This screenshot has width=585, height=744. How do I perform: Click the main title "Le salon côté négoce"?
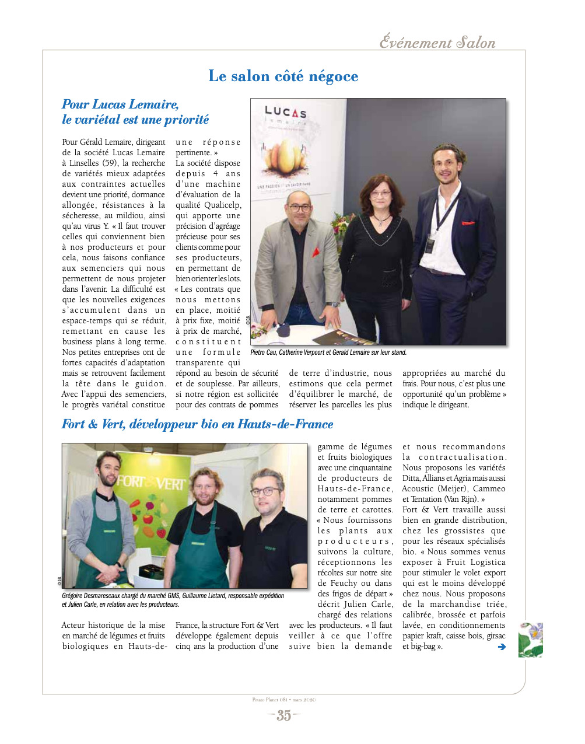(283, 76)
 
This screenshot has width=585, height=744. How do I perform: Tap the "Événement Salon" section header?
(437, 43)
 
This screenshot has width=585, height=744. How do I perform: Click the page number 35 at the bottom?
(283, 715)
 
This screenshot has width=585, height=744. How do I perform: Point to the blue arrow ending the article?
(501, 647)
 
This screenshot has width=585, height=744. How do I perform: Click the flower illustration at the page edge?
(531, 640)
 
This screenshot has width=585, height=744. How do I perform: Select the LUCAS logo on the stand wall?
(285, 112)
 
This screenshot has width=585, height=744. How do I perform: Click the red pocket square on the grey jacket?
(316, 253)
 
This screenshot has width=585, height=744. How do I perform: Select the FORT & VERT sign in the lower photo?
(151, 483)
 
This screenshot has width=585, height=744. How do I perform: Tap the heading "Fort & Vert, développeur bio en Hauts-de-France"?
(197, 424)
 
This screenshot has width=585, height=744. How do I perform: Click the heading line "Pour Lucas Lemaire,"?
(120, 104)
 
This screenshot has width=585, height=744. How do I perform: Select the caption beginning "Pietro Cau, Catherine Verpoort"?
(328, 352)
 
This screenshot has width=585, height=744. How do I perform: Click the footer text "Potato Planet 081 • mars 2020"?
(283, 700)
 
